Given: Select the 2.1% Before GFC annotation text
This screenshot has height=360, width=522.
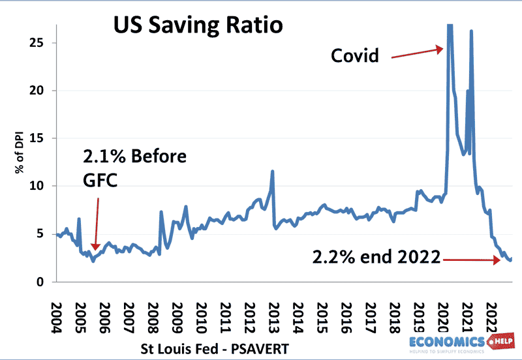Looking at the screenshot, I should point(134,168).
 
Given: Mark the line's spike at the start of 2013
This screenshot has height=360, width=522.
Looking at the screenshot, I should point(272,172).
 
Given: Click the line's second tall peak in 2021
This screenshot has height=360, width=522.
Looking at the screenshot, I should point(471,31).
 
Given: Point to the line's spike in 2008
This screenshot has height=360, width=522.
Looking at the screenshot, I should point(161,212).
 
